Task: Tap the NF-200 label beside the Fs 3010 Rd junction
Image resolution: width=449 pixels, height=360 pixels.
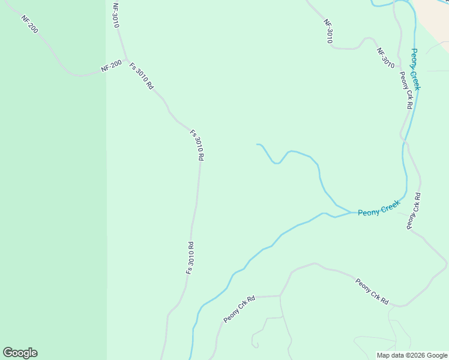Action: [x=112, y=66]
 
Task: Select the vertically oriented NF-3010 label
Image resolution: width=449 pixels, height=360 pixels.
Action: [x=116, y=15]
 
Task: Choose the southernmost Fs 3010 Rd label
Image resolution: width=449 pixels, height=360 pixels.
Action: [x=190, y=258]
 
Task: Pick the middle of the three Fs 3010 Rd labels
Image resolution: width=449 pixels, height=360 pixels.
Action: [x=197, y=145]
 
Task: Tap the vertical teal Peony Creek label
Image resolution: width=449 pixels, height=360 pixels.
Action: [x=415, y=70]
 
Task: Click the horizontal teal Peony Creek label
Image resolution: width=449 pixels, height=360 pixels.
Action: [x=379, y=209]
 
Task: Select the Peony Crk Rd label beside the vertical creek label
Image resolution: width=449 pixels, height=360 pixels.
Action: [x=406, y=90]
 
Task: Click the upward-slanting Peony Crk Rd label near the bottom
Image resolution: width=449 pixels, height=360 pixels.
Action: [x=240, y=309]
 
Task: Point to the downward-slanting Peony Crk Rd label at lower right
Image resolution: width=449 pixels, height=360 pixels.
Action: [x=372, y=291]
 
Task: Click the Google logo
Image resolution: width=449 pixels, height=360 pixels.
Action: [x=20, y=353]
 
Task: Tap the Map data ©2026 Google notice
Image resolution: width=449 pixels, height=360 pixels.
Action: [x=412, y=355]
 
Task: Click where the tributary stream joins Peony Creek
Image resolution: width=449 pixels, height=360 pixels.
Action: [x=351, y=212]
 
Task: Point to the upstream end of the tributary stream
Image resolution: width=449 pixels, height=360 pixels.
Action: [x=257, y=145]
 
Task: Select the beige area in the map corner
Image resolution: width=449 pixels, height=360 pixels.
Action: [x=436, y=15]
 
